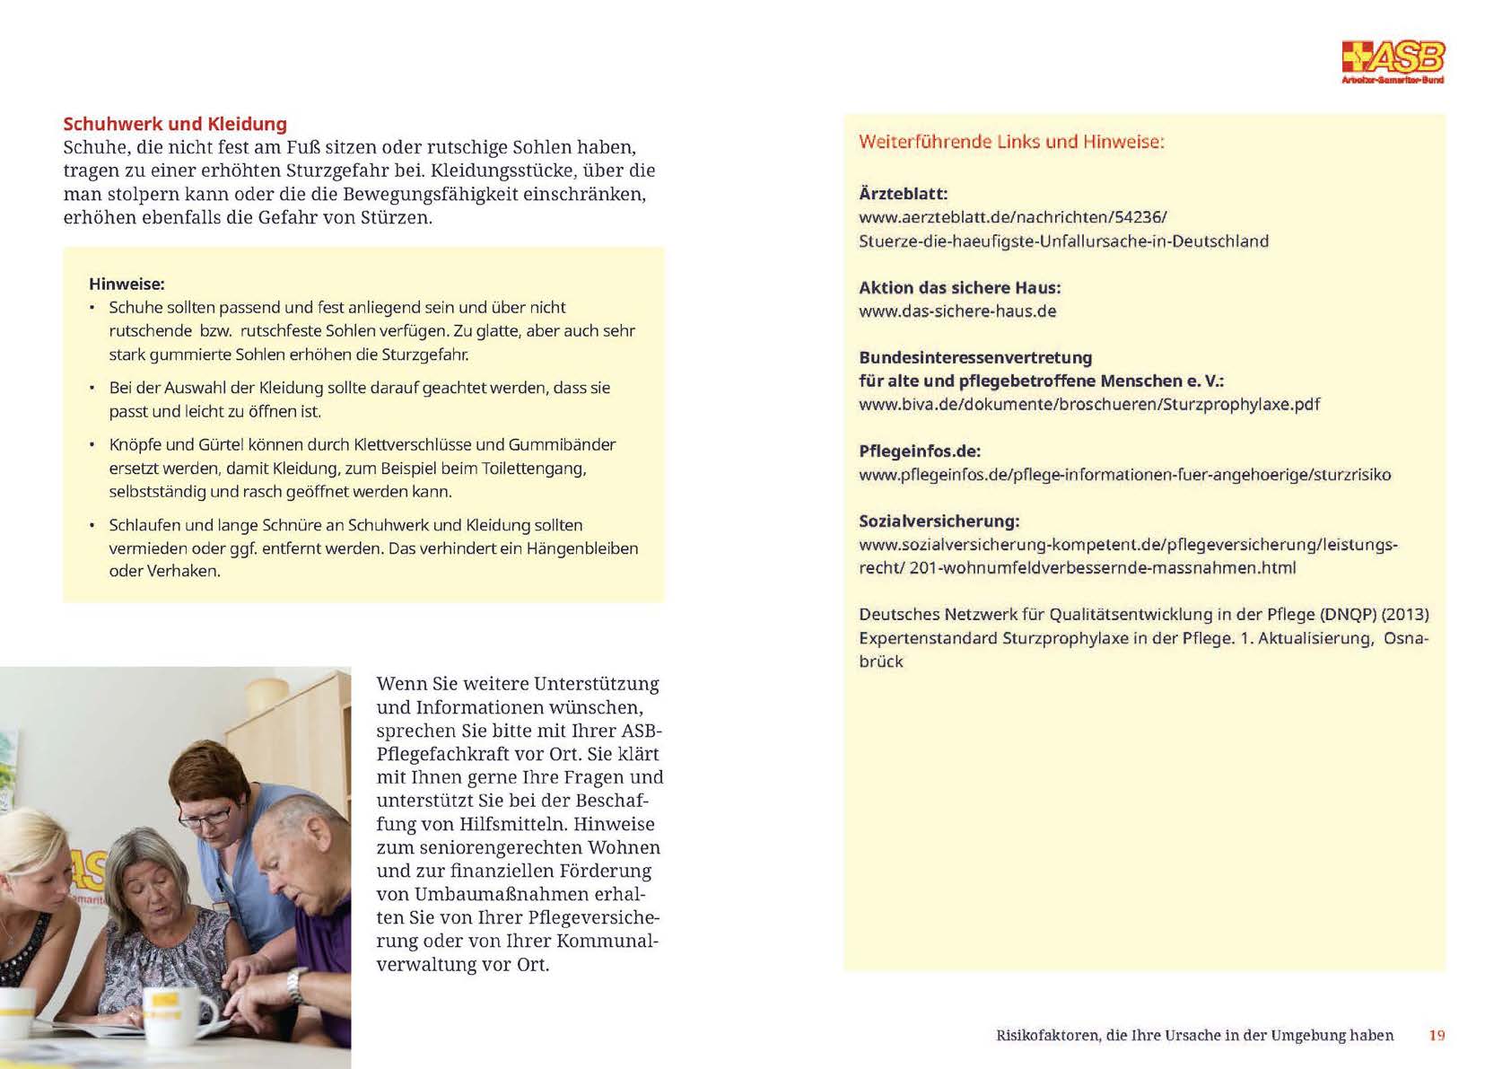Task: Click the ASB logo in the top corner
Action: pyautogui.click(x=1393, y=60)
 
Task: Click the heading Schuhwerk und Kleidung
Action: pyautogui.click(x=175, y=124)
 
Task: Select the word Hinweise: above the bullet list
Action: pyautogui.click(x=127, y=284)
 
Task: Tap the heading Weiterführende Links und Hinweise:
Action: pyautogui.click(x=1011, y=141)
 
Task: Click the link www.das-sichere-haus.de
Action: pyautogui.click(x=957, y=311)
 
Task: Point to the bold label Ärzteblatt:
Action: pyautogui.click(x=903, y=193)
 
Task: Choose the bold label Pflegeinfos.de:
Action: pyautogui.click(x=920, y=451)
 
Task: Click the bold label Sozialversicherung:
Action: pyautogui.click(x=939, y=521)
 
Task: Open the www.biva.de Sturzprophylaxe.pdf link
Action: pyautogui.click(x=1088, y=404)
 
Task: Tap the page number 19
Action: pyautogui.click(x=1437, y=1035)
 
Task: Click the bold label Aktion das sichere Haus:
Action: pyautogui.click(x=959, y=287)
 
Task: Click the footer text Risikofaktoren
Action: pyautogui.click(x=1047, y=1035)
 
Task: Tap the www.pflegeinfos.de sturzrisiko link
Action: pyautogui.click(x=1124, y=474)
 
